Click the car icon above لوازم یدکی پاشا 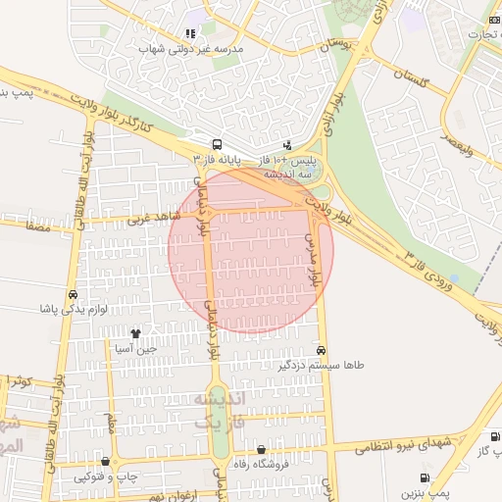pyautogui.click(x=73, y=294)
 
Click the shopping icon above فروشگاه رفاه pyautogui.click(x=262, y=450)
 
